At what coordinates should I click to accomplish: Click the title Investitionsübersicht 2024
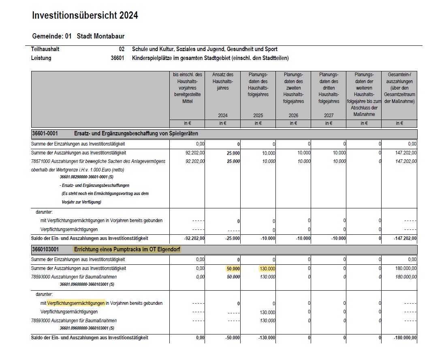pos(85,16)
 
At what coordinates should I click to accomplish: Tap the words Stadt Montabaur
pos(100,36)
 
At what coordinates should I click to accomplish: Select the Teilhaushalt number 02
pos(122,49)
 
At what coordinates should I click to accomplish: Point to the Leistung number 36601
pos(117,58)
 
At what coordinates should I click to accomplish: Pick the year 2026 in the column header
pos(293,116)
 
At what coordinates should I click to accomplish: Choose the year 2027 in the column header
pos(329,116)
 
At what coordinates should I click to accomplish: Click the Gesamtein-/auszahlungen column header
pos(399,88)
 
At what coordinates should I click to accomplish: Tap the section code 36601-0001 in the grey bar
pos(45,133)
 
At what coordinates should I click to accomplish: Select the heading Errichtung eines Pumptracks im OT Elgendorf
pos(127,249)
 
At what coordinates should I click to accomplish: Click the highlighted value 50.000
pos(233,269)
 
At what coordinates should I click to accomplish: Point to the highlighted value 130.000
pos(267,269)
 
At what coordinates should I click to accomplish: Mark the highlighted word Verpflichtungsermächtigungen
pos(76,303)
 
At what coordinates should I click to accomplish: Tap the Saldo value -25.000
pos(232,238)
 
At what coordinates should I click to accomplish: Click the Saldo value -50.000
pos(232,338)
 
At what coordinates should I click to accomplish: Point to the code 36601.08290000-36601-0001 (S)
pos(87,177)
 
